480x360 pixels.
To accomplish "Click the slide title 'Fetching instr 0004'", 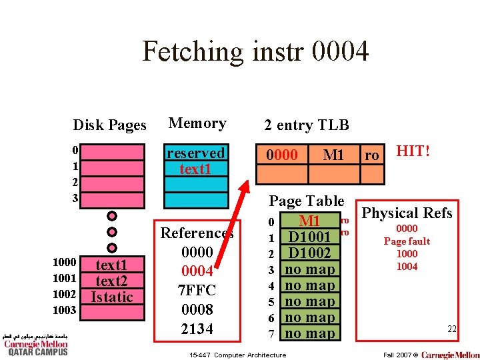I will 255,51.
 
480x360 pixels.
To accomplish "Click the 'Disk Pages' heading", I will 109,125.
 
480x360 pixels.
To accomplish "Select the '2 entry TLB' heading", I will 306,125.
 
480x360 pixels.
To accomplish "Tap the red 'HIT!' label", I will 413,151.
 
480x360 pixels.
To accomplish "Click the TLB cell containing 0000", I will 282,155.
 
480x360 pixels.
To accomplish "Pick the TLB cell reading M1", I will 333,155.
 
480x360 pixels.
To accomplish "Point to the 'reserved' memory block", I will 195,153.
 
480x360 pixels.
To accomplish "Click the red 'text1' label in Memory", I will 195,169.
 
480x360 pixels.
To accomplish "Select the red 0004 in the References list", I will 197,271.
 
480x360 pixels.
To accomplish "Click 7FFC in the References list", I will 197,291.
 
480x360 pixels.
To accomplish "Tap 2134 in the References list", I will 197,329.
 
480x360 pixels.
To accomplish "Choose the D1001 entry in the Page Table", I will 309,237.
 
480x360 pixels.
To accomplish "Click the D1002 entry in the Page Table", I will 309,253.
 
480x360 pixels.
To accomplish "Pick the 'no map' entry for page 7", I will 309,333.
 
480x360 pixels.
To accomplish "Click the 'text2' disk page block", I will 111,281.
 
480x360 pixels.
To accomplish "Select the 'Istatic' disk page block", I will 111,297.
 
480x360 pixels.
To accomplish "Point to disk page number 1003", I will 65,310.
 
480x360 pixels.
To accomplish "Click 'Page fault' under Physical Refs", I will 407,241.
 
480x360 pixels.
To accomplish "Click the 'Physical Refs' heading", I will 407,213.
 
